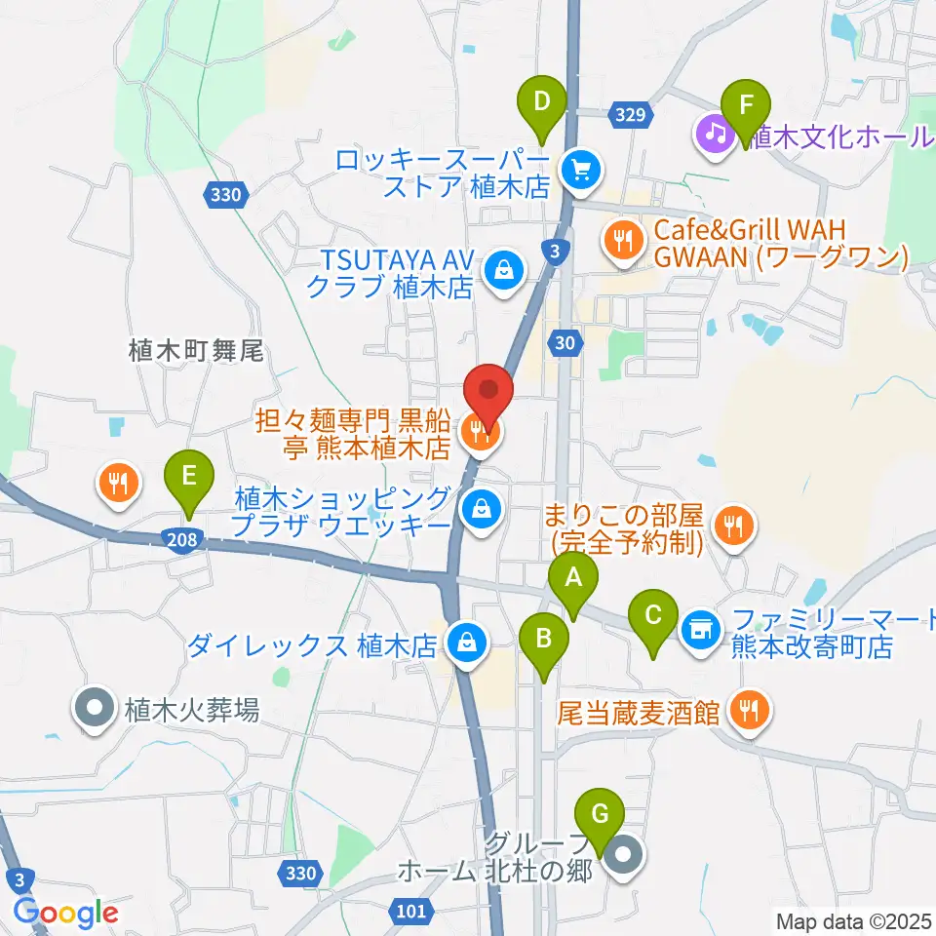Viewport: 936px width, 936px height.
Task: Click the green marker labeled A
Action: [573, 583]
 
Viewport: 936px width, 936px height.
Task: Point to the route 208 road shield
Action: [188, 539]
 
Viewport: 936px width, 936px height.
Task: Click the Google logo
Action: [65, 913]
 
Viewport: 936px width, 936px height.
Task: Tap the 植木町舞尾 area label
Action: [196, 351]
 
